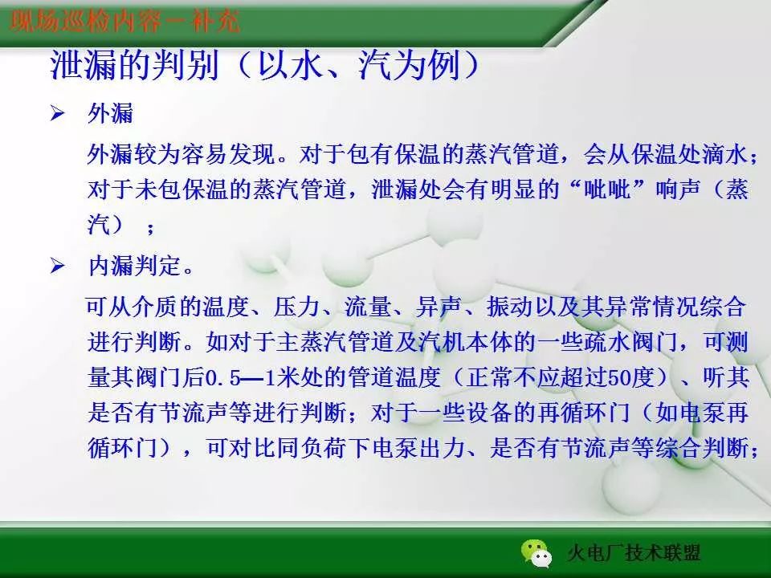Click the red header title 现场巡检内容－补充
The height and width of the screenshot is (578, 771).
(x=124, y=22)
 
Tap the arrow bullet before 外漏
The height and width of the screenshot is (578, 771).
(x=57, y=115)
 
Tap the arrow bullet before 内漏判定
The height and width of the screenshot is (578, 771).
(x=57, y=266)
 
